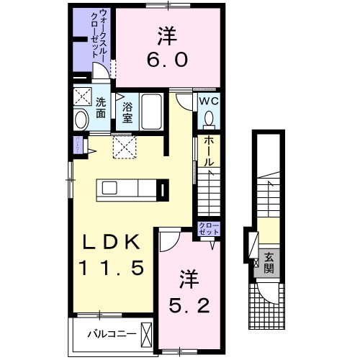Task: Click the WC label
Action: pyautogui.click(x=209, y=102)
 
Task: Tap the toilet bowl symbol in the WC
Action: pyautogui.click(x=210, y=119)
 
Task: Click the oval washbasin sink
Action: pyautogui.click(x=81, y=119)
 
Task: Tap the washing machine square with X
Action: pyautogui.click(x=81, y=96)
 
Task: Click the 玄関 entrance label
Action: pyautogui.click(x=268, y=262)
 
